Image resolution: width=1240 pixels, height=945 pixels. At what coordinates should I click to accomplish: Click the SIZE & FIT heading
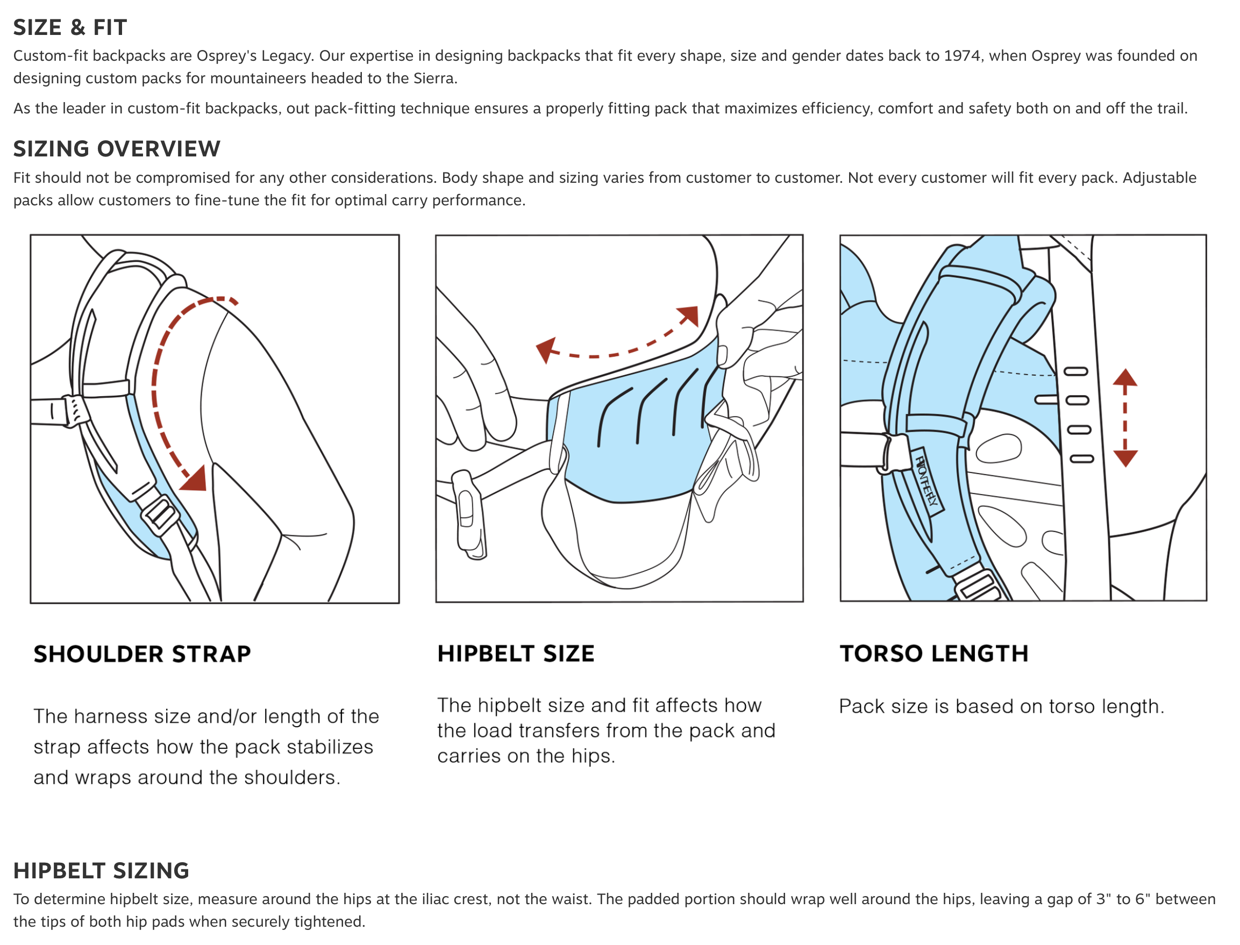70,27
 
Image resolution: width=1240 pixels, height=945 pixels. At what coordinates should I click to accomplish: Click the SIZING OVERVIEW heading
117,148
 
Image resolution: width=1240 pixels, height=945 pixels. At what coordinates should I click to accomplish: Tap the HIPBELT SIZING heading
101,870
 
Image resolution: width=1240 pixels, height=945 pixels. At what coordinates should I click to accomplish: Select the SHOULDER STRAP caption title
142,654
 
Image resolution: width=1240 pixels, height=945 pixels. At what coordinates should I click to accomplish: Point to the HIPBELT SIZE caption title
515,653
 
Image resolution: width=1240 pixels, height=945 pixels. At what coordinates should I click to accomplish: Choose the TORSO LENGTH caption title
933,653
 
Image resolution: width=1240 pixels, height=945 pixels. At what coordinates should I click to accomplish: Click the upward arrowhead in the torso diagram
1125,377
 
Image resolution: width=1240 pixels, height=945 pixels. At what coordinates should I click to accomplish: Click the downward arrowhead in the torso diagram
1125,458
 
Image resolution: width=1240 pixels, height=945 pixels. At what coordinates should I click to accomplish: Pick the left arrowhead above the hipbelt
545,349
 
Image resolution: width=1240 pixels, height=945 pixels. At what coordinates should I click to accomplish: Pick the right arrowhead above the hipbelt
689,315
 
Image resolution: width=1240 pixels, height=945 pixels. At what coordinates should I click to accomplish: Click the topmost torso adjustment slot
1075,371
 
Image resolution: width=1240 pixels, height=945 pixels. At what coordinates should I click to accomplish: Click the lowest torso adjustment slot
1081,459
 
